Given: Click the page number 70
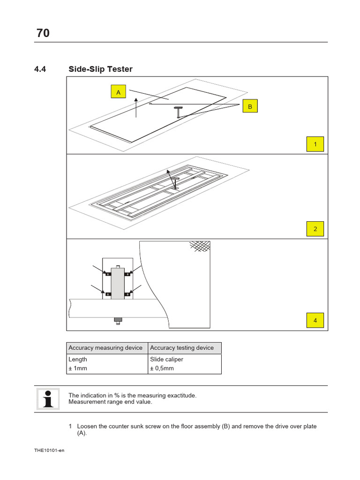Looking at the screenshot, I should (43, 33).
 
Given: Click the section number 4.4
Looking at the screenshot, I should (42, 69).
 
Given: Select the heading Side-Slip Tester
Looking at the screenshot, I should (100, 69).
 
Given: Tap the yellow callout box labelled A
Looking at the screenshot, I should (119, 93).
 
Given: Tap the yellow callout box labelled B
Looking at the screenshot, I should (250, 107).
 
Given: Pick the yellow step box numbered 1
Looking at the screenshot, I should (315, 144).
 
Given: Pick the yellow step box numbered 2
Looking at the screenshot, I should (315, 229).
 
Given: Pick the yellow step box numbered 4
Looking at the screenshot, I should (315, 321).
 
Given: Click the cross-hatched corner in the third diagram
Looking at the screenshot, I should (200, 246).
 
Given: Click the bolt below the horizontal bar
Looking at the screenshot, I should (118, 321).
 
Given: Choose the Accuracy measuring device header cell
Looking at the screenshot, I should (106, 348).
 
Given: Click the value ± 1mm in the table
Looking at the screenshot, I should (78, 368).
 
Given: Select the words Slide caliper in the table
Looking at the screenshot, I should (166, 360).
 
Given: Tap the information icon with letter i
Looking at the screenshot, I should (47, 399).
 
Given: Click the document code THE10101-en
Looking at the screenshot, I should (49, 450).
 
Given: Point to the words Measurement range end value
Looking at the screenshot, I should (110, 402).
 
